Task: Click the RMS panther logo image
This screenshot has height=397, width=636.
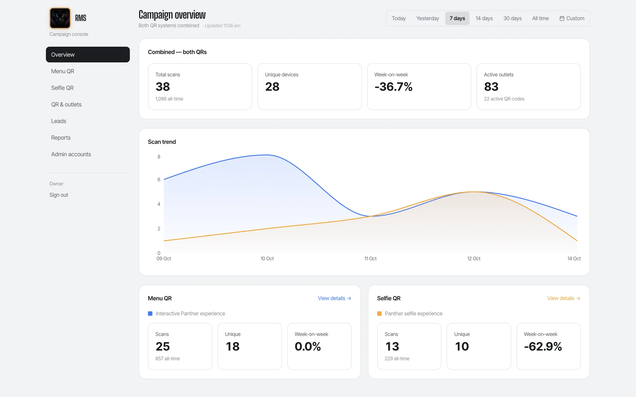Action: [x=60, y=18]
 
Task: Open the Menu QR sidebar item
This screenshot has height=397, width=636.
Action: [x=63, y=71]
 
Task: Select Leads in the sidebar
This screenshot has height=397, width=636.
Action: [x=59, y=121]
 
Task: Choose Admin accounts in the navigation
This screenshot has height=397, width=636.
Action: [x=71, y=154]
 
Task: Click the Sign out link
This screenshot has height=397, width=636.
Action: [x=59, y=195]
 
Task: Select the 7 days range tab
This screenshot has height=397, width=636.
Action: [x=457, y=18]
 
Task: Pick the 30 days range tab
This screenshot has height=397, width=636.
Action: [x=512, y=18]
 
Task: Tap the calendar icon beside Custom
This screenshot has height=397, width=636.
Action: [x=562, y=18]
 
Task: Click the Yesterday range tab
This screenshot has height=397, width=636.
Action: [x=427, y=18]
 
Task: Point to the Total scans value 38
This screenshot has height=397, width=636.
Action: [x=163, y=87]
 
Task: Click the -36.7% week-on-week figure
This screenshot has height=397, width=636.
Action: [x=393, y=87]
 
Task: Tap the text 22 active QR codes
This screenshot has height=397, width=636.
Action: [x=504, y=99]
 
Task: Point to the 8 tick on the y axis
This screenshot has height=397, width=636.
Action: [x=159, y=157]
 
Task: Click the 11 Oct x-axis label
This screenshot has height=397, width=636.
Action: [x=370, y=259]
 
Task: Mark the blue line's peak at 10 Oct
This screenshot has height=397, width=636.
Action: [x=267, y=155]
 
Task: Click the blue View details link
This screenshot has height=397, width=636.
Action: [x=335, y=298]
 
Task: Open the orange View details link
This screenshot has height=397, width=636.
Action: [x=564, y=298]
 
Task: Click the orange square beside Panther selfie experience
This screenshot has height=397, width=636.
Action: [x=379, y=314]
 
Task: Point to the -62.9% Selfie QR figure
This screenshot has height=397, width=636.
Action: [x=543, y=346]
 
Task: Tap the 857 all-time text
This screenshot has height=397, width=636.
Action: [x=168, y=358]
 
